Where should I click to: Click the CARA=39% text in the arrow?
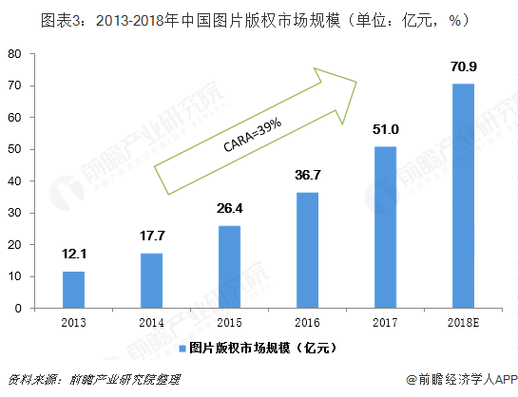252,135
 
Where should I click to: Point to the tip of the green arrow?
355,82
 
